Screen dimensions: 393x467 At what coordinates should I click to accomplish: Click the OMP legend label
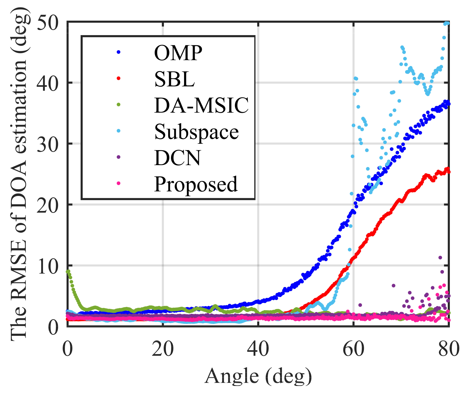[178, 53]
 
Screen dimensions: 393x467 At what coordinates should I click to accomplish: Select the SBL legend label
[174, 79]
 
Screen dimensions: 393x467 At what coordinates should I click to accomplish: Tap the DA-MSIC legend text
[201, 105]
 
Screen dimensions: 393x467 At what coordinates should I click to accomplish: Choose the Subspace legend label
[196, 132]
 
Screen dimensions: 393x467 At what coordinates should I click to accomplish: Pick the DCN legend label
[177, 158]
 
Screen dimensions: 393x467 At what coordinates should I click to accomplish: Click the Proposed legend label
[196, 184]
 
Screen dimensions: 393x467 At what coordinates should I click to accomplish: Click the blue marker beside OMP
[118, 52]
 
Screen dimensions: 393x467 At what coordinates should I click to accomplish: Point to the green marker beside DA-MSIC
[118, 104]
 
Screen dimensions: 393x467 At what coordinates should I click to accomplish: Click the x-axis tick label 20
[163, 349]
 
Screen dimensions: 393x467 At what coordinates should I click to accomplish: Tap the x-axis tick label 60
[353, 349]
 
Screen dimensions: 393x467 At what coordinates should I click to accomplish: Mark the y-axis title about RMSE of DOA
[19, 174]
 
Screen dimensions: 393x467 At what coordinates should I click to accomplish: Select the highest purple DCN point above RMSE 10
[440, 258]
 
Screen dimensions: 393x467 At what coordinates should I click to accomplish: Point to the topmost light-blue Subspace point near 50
[447, 23]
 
